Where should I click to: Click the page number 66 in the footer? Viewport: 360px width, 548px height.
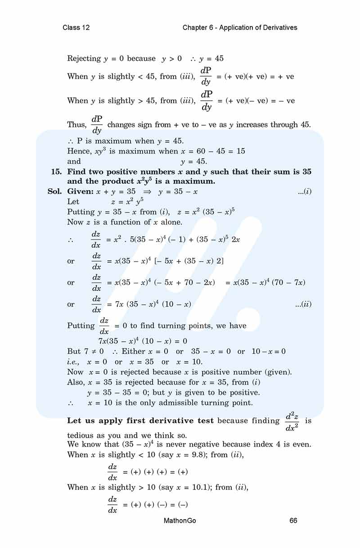(x=293, y=521)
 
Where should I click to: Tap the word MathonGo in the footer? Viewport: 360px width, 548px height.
(x=180, y=521)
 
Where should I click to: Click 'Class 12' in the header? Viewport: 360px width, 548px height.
(x=76, y=27)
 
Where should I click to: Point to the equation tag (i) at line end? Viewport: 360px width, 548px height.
(x=305, y=192)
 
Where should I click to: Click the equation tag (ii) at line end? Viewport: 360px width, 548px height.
(x=303, y=304)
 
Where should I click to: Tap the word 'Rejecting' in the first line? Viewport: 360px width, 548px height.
(x=84, y=59)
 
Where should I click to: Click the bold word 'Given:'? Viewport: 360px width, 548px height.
(x=80, y=192)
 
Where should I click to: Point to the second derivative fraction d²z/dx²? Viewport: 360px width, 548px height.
(x=292, y=420)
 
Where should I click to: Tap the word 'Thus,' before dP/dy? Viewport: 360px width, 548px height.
(x=77, y=125)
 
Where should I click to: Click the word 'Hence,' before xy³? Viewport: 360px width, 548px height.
(x=79, y=151)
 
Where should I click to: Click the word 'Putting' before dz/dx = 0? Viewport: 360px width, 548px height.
(x=81, y=326)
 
